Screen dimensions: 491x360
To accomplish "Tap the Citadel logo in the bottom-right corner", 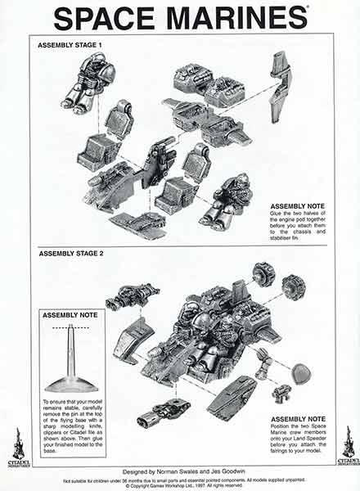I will point(347,446).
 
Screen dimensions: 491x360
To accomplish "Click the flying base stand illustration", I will point(71,360).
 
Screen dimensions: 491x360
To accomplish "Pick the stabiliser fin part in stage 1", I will point(281,85).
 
